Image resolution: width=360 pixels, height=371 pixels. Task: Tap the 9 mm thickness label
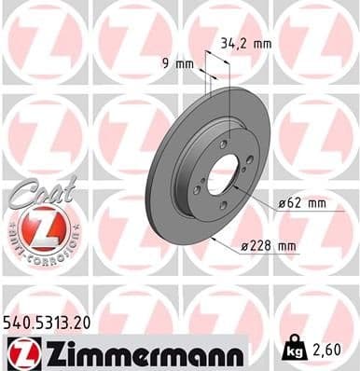click(x=173, y=64)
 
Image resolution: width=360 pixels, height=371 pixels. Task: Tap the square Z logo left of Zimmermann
click(x=21, y=351)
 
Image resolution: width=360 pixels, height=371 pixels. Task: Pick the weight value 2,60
click(x=327, y=351)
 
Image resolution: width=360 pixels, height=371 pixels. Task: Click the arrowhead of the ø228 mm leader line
click(x=215, y=240)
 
